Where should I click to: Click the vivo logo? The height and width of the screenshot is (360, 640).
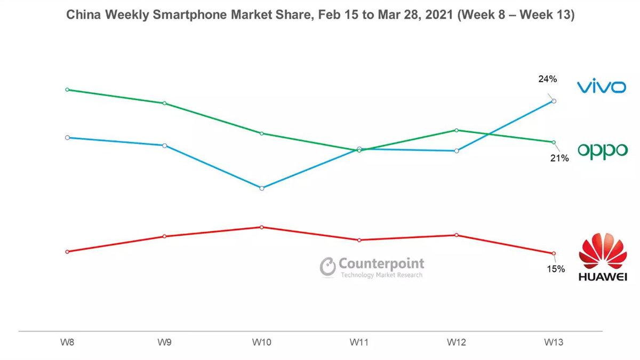[x=601, y=86]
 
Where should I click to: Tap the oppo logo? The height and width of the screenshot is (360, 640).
[x=603, y=151]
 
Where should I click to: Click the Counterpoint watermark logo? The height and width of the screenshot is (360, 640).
[x=372, y=267]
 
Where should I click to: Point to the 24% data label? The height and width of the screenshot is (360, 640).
[x=548, y=79]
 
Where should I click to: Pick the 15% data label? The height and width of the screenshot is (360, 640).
[x=555, y=269]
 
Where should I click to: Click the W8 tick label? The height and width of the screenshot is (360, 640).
[x=67, y=342]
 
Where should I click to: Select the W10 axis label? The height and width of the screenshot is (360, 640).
[x=261, y=342]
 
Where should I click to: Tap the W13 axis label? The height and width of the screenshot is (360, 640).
[x=554, y=342]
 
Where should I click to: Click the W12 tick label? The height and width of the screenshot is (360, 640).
[x=457, y=342]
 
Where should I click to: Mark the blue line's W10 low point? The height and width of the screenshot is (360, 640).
[x=262, y=188]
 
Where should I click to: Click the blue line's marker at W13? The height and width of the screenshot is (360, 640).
[x=554, y=101]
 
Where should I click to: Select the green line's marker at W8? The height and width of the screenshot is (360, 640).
[x=67, y=90]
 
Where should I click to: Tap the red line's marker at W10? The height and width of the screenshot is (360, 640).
[x=262, y=227]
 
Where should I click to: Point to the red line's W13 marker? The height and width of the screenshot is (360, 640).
[x=554, y=253]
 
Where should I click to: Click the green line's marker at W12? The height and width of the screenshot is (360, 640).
[x=457, y=130]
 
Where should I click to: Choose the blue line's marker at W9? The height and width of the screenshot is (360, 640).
[x=164, y=146]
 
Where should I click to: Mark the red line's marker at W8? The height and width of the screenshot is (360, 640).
[x=67, y=252]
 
